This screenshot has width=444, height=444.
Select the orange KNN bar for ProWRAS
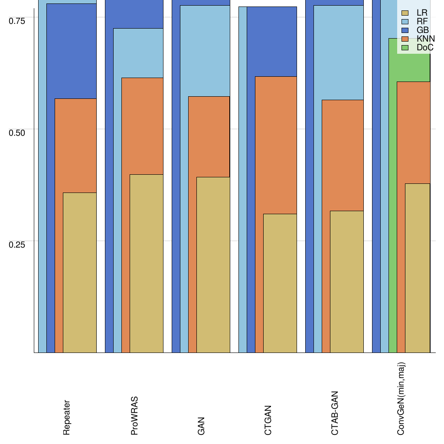tap(142, 126)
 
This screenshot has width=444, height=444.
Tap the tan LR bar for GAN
tap(213, 264)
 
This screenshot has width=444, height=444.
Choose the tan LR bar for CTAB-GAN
tap(347, 282)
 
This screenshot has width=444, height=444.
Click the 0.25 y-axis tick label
tap(17, 244)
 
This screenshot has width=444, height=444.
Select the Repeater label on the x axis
tap(66, 418)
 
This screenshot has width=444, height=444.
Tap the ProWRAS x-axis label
tap(134, 415)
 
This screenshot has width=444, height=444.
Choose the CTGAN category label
tap(268, 420)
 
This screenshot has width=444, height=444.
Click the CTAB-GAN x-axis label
tap(335, 413)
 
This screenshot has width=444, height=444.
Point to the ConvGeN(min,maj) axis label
tap(401, 399)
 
